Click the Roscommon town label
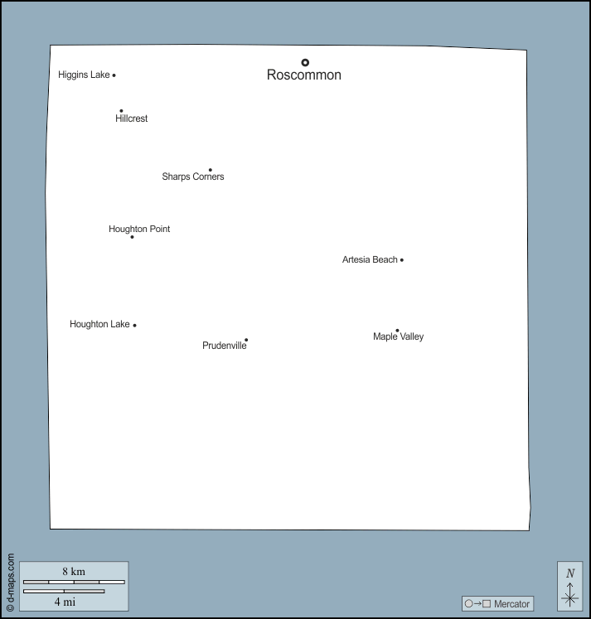(303, 75)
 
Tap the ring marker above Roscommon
(305, 62)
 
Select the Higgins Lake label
(84, 75)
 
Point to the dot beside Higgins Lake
(114, 75)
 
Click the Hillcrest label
(131, 118)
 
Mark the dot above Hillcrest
(121, 110)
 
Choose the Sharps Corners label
(192, 177)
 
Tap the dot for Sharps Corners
(211, 170)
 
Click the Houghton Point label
(139, 229)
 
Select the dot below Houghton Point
(132, 237)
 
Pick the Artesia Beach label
(370, 259)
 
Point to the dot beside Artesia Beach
(402, 260)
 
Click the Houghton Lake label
(99, 324)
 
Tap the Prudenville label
(224, 346)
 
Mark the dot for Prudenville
(246, 340)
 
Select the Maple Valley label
(398, 336)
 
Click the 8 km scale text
(74, 571)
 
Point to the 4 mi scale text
(65, 602)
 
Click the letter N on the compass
(570, 573)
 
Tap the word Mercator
(511, 604)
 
